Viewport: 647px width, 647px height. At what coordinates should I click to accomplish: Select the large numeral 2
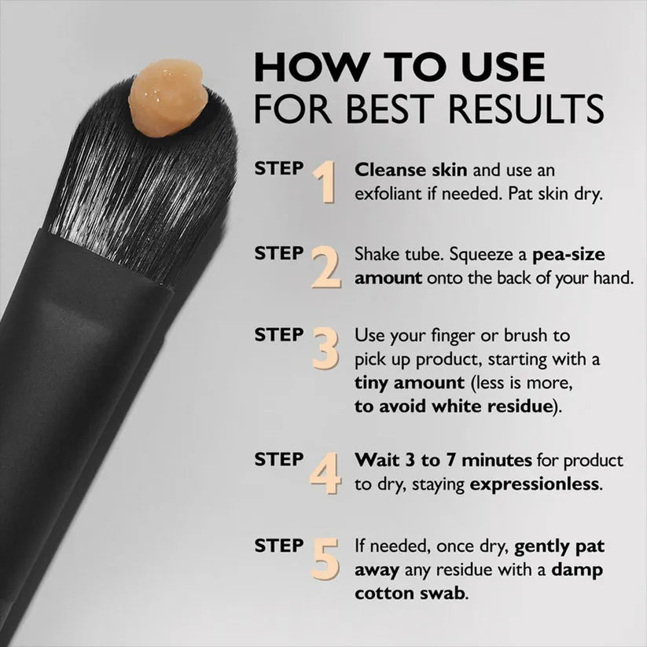pos(326,267)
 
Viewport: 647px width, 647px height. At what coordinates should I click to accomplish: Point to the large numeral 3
pos(326,348)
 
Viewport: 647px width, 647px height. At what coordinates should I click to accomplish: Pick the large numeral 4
pos(325,472)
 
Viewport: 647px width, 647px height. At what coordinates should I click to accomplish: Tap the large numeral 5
pos(325,559)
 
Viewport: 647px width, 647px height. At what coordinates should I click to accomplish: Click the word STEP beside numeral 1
pos(279,168)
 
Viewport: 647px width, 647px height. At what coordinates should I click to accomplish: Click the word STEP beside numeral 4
pos(279,459)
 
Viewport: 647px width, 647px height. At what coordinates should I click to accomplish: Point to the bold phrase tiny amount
pos(410,383)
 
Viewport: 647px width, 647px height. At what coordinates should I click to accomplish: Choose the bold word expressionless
pos(535,483)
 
